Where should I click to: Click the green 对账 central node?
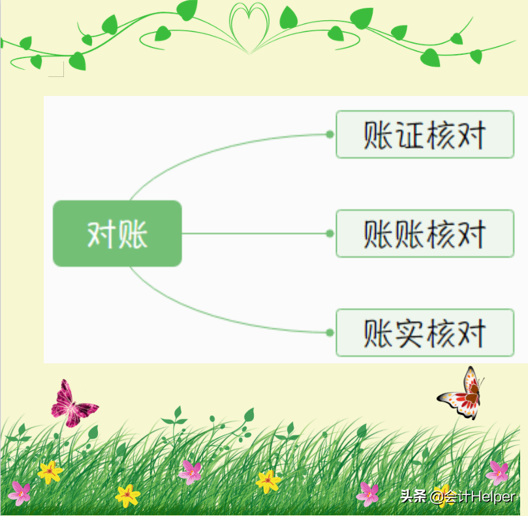(x=117, y=234)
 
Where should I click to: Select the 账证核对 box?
(x=424, y=134)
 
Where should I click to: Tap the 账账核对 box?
(x=424, y=234)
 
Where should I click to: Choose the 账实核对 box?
(x=424, y=333)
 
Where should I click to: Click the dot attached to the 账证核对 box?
(x=330, y=134)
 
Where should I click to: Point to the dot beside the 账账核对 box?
(x=330, y=234)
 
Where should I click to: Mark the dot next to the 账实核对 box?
(x=330, y=333)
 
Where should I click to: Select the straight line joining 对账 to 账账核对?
(x=255, y=234)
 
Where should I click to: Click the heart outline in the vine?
(x=250, y=26)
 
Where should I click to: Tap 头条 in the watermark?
(x=412, y=497)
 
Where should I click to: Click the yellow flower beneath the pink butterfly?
(x=50, y=472)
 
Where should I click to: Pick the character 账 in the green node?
(x=133, y=234)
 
